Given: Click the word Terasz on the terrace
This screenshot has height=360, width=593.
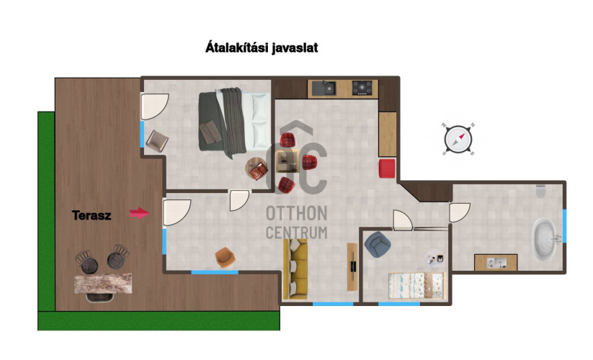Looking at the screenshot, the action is coord(91,215).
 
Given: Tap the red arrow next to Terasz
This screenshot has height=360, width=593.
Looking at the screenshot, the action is coord(139,213).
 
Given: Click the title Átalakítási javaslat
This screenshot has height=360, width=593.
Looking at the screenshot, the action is coord(262,48).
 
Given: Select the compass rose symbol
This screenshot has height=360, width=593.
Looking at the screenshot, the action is coord(458,139).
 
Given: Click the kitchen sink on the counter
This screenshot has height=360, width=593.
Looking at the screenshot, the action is coord(324,88).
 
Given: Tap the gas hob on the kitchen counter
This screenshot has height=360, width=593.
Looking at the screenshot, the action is coord(362,88).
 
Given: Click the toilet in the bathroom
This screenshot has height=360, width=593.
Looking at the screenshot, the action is coord(541,192).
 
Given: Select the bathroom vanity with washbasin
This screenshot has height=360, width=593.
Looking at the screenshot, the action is coord(496,262).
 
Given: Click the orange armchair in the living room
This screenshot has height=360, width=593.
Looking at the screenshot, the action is coord(225,257).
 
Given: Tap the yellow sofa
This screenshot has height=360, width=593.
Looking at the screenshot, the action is coord(295,269).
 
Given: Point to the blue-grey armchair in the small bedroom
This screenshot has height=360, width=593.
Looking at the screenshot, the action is coord(377,244).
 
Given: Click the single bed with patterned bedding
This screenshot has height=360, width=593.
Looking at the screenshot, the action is coord(417,286).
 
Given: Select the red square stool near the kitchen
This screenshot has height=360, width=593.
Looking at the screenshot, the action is coord(387,168).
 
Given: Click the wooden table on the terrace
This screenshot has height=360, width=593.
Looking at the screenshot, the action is coord(103,283).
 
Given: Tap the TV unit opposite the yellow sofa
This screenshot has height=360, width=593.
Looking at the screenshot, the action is coord(352,266).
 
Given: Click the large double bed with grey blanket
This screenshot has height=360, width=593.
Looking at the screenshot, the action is coord(234,123).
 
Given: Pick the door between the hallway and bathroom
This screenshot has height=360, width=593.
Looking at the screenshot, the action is coord(459,212).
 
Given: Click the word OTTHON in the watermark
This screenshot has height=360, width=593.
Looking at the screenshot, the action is coord(297,213).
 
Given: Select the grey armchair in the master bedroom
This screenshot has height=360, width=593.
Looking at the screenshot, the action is coord(157,141).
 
